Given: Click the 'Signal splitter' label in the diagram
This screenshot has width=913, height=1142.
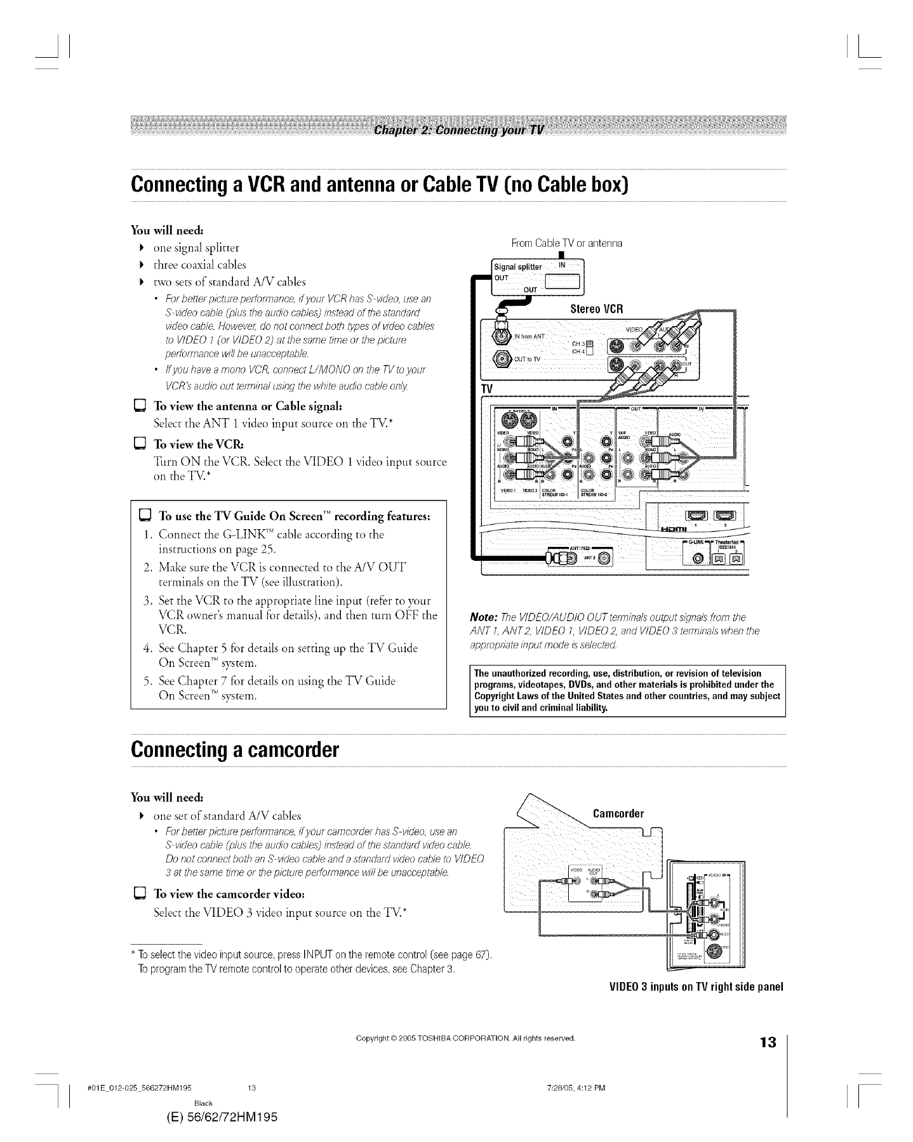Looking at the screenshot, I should pyautogui.click(x=517, y=267).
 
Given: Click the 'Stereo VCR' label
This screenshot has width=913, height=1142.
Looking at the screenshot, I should pyautogui.click(x=597, y=309).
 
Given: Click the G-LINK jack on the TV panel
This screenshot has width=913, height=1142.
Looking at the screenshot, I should pyautogui.click(x=699, y=558).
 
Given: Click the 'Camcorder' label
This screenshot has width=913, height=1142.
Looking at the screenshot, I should pyautogui.click(x=618, y=813).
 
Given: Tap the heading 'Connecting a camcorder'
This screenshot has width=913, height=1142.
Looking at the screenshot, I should pyautogui.click(x=235, y=751).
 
